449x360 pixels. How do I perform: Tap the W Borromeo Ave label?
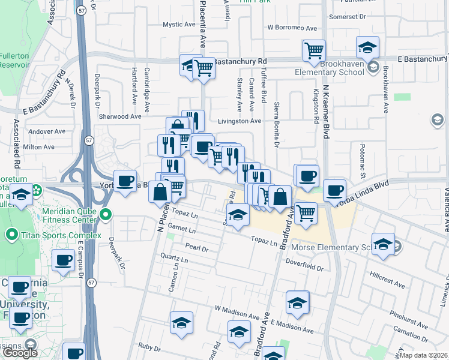(292, 28)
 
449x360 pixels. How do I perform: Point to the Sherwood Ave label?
(122, 116)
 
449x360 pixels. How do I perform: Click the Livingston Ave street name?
(240, 121)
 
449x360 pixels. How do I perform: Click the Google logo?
(20, 353)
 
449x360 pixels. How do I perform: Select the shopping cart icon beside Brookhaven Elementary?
(314, 51)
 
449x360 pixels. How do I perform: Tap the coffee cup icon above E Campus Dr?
(63, 260)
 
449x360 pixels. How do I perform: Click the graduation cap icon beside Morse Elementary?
(382, 244)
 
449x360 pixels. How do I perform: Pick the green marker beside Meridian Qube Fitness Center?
(106, 214)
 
